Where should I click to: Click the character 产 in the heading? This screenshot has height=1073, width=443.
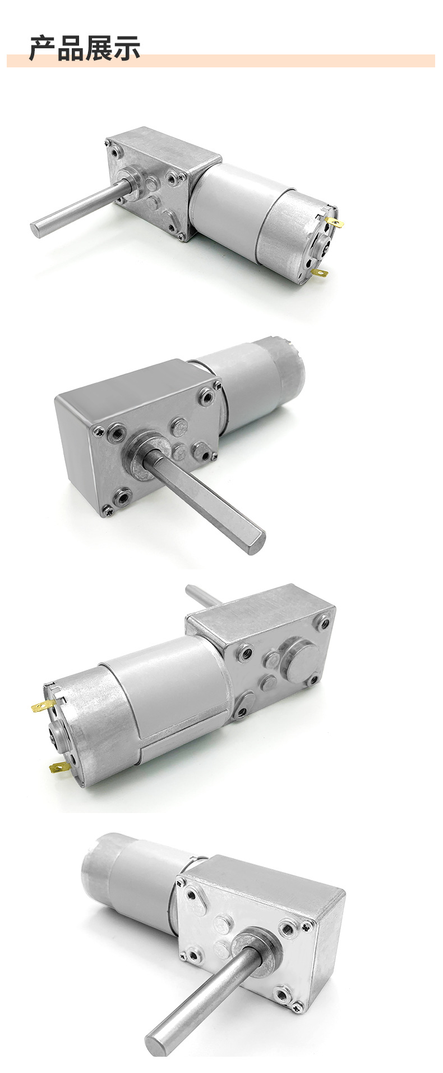pos(43,48)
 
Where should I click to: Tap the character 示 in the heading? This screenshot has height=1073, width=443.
pos(127,48)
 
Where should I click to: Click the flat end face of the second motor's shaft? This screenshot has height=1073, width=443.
pos(256,543)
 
